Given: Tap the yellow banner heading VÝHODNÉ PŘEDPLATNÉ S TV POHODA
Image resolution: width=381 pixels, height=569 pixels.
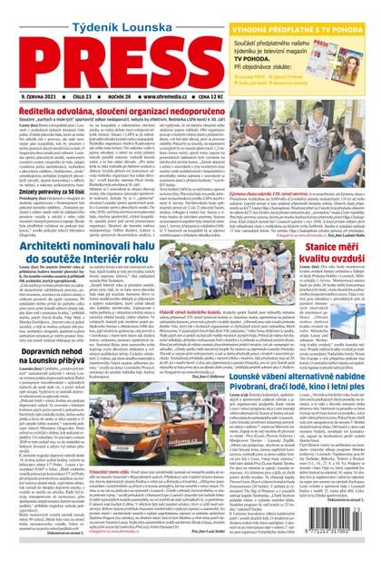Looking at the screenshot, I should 311,7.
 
